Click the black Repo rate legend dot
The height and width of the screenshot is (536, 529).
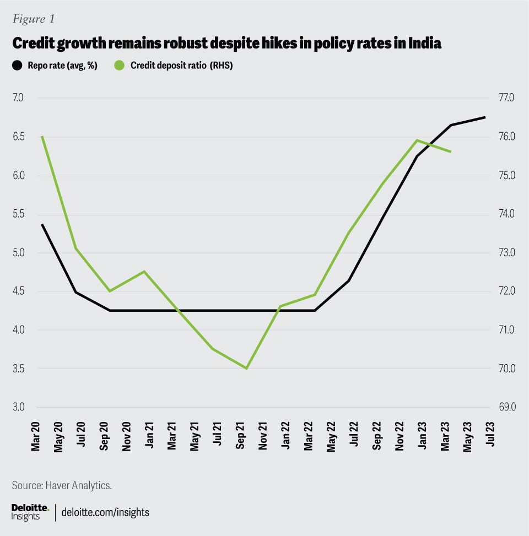point(17,66)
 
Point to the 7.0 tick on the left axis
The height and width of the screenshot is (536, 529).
point(18,98)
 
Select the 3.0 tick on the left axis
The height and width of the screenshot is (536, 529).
point(18,407)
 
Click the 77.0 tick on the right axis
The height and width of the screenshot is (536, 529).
point(506,98)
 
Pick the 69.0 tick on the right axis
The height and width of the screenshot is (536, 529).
point(506,407)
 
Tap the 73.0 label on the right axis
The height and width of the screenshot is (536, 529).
point(506,253)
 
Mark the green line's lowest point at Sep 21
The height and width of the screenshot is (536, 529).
point(246,368)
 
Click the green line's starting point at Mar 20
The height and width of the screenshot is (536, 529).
point(42,136)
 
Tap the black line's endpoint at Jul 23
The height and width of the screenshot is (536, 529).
point(485,117)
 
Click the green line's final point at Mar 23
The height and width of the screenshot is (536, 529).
point(451,151)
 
